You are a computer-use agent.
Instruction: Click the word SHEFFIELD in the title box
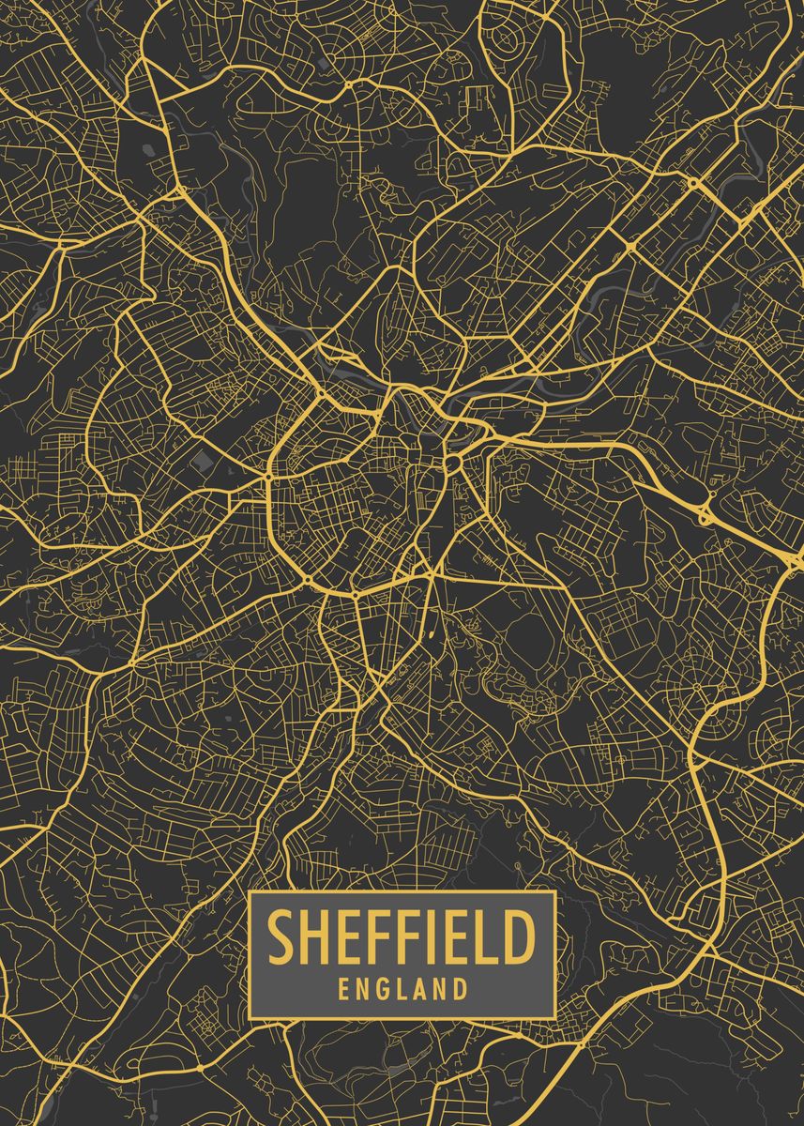pos(402,937)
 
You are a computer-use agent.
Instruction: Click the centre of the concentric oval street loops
pos(508,38)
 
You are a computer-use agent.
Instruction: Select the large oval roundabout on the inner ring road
pos(451,463)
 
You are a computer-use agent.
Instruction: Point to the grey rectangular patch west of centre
pos(200,460)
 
